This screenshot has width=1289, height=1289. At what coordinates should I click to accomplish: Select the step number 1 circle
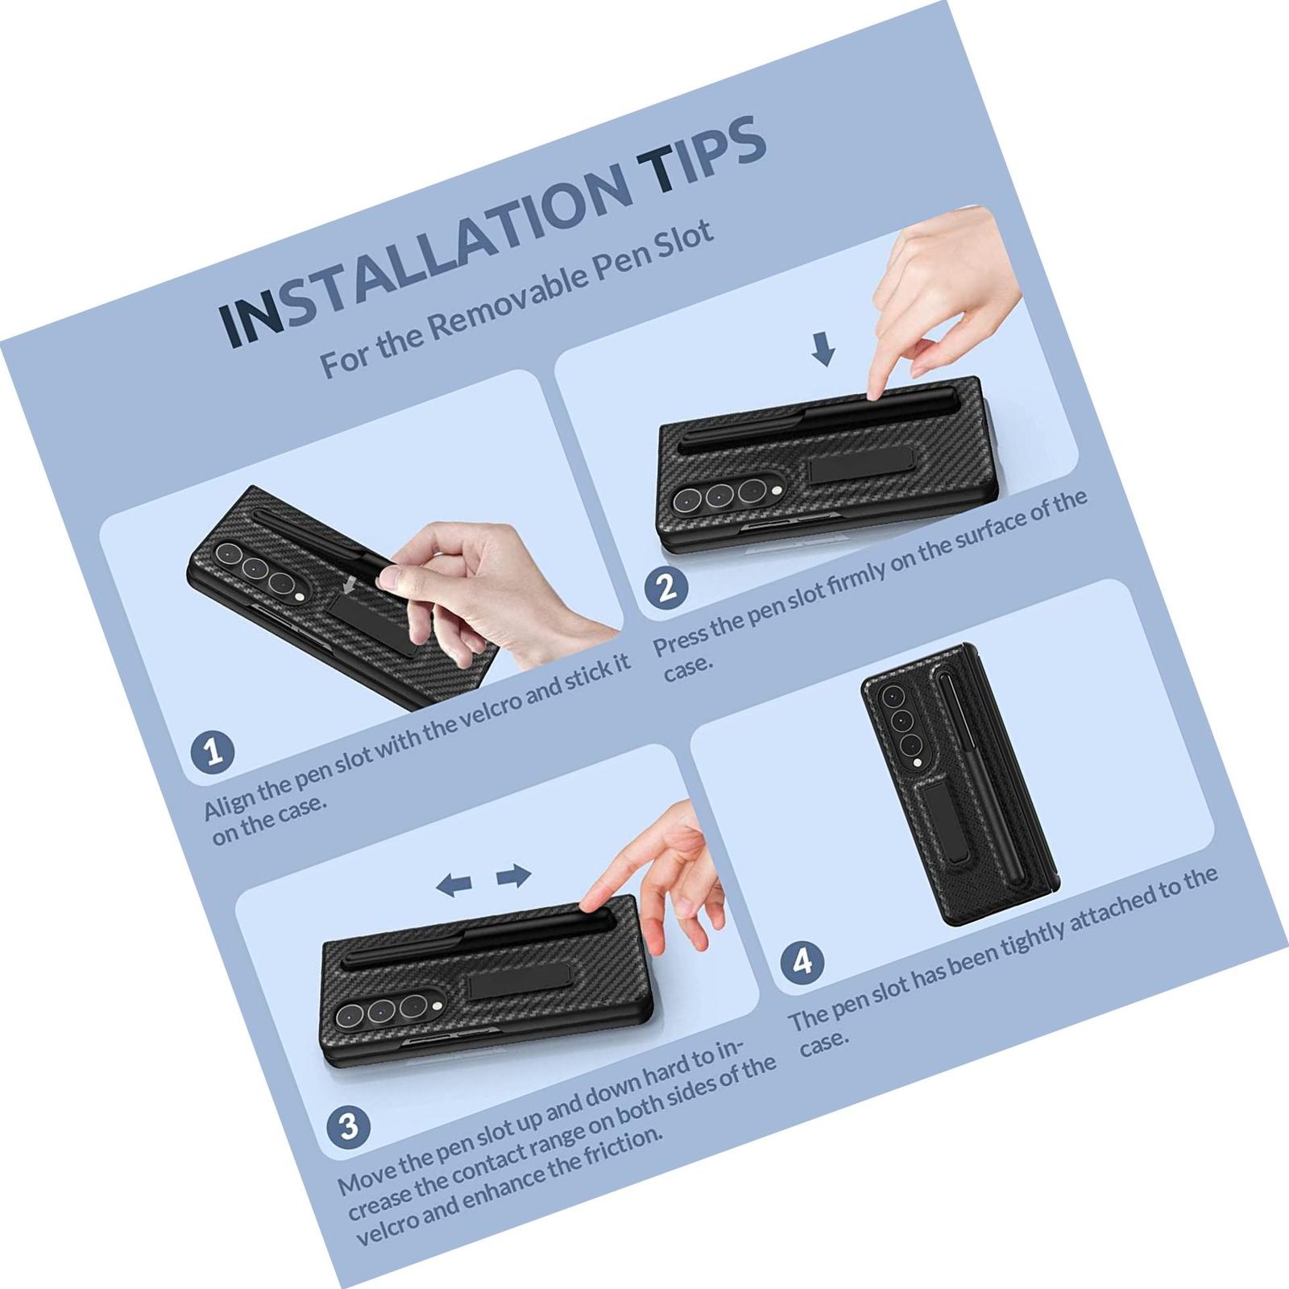[213, 752]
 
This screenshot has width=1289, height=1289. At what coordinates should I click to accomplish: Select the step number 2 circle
[667, 587]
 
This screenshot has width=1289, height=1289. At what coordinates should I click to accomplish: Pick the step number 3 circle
[349, 1126]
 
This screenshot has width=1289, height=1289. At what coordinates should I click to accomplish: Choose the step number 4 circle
[802, 962]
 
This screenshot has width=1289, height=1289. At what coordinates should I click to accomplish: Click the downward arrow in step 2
[823, 350]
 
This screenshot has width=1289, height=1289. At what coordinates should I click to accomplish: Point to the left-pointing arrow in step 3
[454, 885]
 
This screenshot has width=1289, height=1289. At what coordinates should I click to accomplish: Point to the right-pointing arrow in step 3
[513, 875]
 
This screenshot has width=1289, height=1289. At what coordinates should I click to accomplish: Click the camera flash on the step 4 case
[917, 762]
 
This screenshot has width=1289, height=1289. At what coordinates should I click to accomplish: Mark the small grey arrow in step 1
[349, 583]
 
